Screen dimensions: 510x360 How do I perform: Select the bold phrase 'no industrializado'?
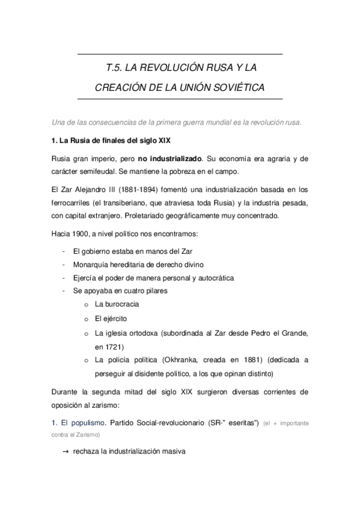point(170,159)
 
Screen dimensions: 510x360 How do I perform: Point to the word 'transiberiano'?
point(112,202)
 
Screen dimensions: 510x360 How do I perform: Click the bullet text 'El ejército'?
point(111,318)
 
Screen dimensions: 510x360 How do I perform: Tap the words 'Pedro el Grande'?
point(282,333)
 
